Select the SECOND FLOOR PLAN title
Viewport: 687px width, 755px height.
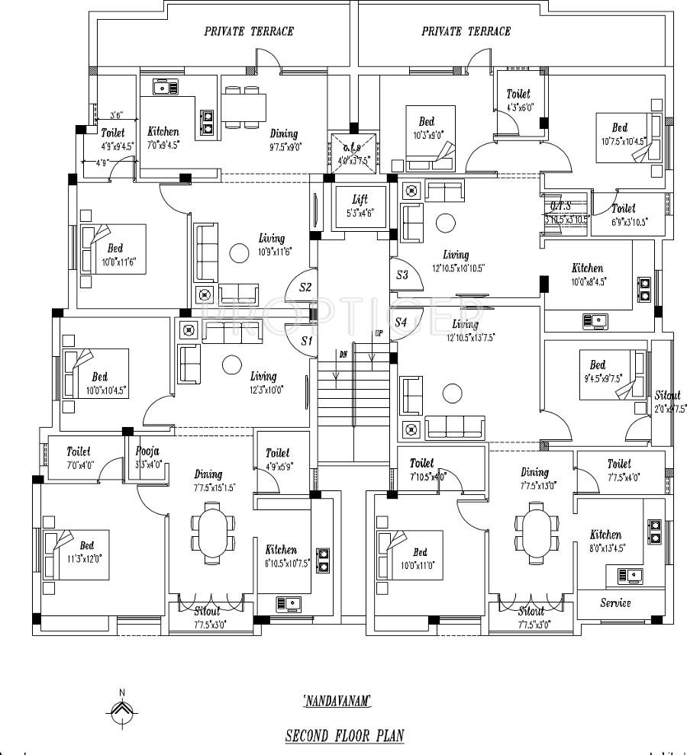[344, 736]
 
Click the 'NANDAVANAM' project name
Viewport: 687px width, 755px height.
[337, 699]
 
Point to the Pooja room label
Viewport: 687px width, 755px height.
[148, 451]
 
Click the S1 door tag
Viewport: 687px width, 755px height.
[307, 341]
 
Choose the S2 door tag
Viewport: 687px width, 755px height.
[305, 288]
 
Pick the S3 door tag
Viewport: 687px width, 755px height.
[402, 275]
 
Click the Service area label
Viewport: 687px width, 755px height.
[615, 602]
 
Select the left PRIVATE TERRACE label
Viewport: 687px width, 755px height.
[249, 31]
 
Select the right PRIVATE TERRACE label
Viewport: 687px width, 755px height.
[466, 31]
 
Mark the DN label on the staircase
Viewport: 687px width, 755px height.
[343, 355]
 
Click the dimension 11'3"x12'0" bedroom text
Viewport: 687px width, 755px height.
[86, 558]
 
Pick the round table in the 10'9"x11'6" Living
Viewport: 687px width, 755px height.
[240, 253]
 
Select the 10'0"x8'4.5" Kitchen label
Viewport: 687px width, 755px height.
[587, 268]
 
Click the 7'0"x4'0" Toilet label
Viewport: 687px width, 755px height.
[78, 452]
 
